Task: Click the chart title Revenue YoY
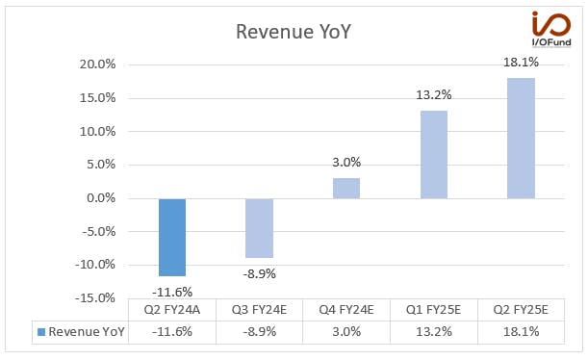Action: [x=294, y=32]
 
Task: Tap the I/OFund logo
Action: [x=551, y=29]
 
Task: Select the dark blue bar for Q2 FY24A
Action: [x=172, y=238]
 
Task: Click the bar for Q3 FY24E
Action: [x=259, y=228]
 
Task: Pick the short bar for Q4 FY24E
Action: [x=346, y=189]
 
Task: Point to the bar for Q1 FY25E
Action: [x=434, y=155]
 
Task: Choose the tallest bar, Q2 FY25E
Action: [x=521, y=139]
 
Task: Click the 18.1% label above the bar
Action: [x=521, y=62]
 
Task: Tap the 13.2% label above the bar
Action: [x=433, y=95]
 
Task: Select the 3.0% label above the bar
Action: [x=346, y=162]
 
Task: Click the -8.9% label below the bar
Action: [x=259, y=273]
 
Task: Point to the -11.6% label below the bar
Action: [x=172, y=292]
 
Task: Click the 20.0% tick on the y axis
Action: [x=97, y=64]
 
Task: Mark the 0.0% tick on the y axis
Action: [x=101, y=197]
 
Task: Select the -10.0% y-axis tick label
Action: [x=95, y=265]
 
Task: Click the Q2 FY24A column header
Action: [x=172, y=310]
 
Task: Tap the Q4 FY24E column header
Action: [x=346, y=310]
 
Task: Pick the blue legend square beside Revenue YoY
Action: [x=41, y=332]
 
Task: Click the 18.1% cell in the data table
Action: [x=521, y=331]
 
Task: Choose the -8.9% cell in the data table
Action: [x=259, y=331]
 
